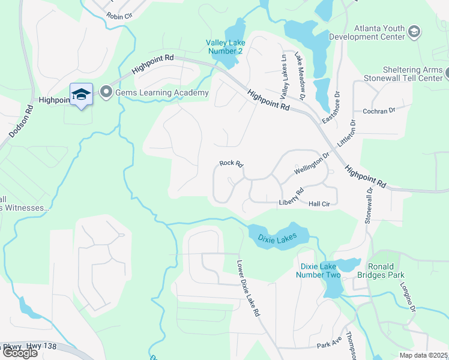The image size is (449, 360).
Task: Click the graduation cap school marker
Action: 81,95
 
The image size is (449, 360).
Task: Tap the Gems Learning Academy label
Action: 161,92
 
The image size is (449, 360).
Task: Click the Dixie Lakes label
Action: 277,238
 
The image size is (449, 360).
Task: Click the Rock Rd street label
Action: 231,163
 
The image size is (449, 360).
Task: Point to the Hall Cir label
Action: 319,204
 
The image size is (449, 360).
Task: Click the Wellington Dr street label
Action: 312,163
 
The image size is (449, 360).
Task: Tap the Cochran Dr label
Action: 379,111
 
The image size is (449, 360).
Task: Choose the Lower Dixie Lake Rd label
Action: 249,288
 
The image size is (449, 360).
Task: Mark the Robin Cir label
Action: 119,16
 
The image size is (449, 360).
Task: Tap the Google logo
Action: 20,353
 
